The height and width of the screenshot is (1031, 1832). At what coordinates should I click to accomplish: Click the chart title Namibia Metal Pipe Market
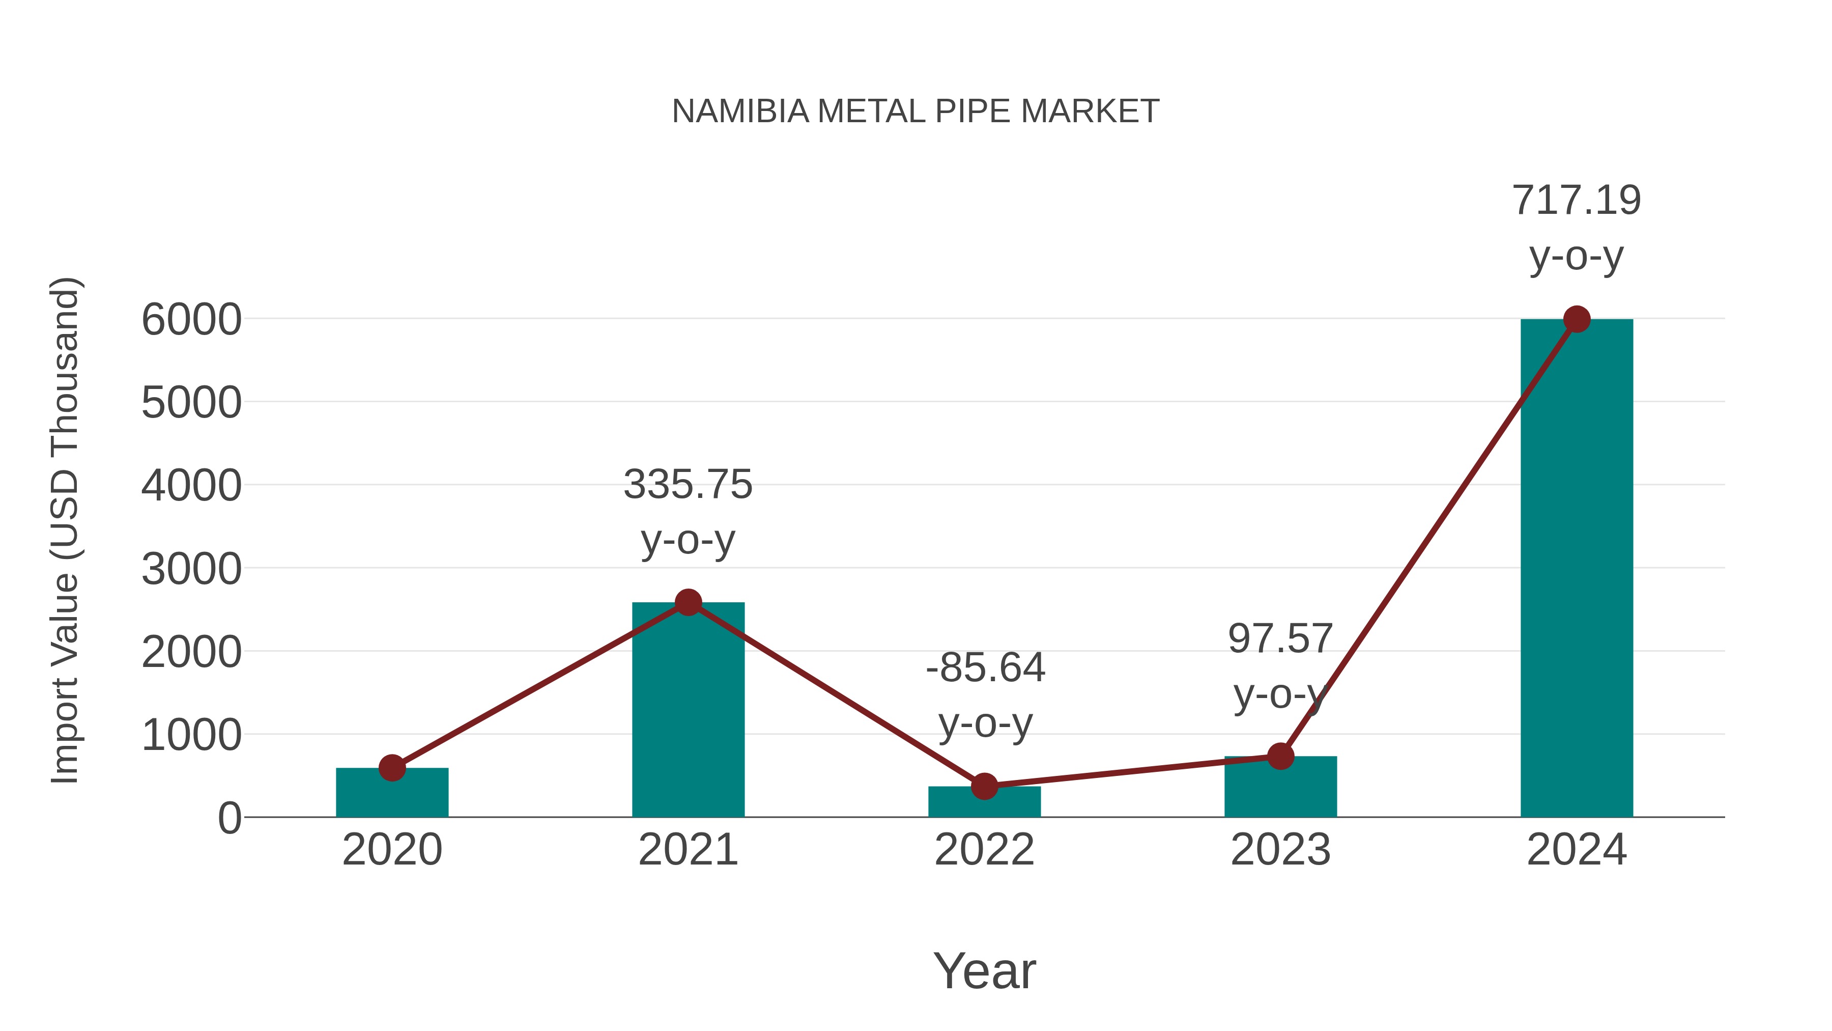tap(915, 111)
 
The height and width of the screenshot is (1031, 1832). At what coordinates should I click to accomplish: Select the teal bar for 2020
tap(392, 793)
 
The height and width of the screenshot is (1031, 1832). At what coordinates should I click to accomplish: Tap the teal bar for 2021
tap(688, 712)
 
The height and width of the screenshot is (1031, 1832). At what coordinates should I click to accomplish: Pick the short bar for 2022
tap(984, 802)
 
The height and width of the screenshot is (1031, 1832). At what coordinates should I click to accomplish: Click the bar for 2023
tap(1280, 788)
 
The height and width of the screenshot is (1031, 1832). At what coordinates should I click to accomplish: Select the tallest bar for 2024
tap(1576, 569)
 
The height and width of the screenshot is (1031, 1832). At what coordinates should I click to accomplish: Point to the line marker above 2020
tap(392, 768)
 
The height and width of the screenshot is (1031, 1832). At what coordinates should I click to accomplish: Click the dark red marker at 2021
tap(688, 603)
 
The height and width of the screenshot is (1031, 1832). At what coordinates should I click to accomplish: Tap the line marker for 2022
tap(984, 786)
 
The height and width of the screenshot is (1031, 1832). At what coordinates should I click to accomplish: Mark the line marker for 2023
tap(1280, 757)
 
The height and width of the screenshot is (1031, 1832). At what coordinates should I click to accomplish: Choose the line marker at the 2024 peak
tap(1577, 319)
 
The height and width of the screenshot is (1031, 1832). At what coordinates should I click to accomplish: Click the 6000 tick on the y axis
tap(191, 320)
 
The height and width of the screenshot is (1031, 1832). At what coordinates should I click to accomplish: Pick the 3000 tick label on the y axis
tap(191, 569)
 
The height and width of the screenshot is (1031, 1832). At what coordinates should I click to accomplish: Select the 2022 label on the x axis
tap(984, 850)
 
